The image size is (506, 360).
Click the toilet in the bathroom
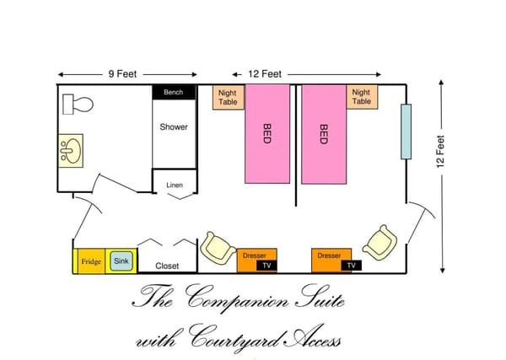[x=78, y=105]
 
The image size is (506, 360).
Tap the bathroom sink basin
[x=71, y=151]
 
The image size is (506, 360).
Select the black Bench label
[x=174, y=92]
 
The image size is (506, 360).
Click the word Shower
[x=174, y=126]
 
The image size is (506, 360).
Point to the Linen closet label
[x=175, y=185]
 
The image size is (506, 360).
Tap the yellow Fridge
[x=91, y=261]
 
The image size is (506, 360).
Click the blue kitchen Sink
[x=121, y=261]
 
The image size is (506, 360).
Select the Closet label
[x=167, y=266]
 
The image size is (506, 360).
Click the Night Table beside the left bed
[x=229, y=98]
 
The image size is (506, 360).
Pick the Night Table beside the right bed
[x=362, y=97]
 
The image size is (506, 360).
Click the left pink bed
[x=267, y=134]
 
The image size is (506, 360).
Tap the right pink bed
[x=324, y=134]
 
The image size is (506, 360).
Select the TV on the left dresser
[x=266, y=266]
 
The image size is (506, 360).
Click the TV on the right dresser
[x=352, y=266]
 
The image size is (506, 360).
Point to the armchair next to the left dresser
[x=218, y=248]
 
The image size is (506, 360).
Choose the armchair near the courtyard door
[x=380, y=243]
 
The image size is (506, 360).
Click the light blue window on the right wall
[x=406, y=132]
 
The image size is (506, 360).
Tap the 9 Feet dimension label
[x=122, y=74]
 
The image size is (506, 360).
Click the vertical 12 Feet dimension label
[x=441, y=152]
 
